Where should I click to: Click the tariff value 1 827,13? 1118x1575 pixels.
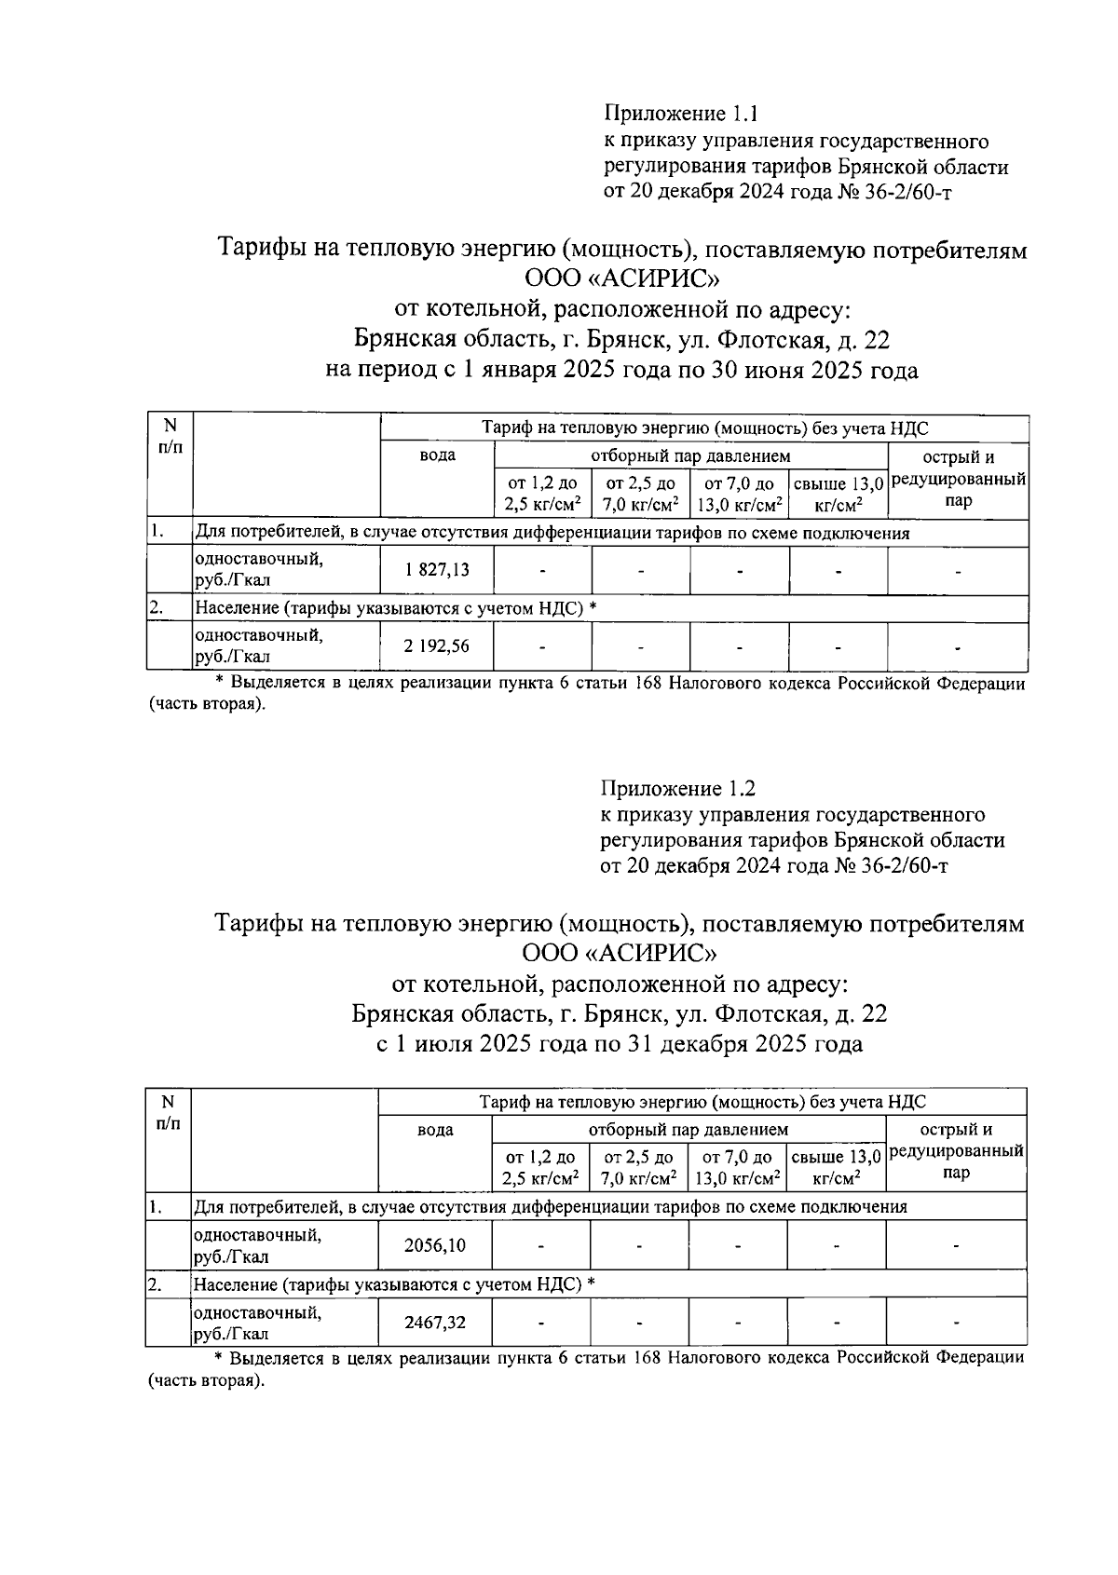pos(437,571)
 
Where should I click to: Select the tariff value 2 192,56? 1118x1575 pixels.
pos(437,646)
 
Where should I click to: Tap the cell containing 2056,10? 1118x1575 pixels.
pos(435,1245)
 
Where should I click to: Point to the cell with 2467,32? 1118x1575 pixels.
pos(435,1323)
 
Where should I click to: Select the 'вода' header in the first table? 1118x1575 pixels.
pos(437,455)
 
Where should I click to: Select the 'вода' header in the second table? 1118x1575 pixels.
pos(435,1129)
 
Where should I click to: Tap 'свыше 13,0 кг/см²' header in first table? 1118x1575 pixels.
pos(838,495)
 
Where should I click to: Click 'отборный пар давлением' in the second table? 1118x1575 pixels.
pos(688,1129)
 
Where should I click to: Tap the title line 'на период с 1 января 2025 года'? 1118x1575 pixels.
pos(621,371)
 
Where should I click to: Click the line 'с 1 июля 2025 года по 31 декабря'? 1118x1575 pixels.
pos(619,1044)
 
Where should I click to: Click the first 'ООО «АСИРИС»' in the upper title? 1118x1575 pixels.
pos(621,279)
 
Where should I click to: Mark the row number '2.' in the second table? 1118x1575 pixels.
pos(156,1283)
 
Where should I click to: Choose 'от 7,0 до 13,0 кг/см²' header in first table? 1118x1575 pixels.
pos(740,495)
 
